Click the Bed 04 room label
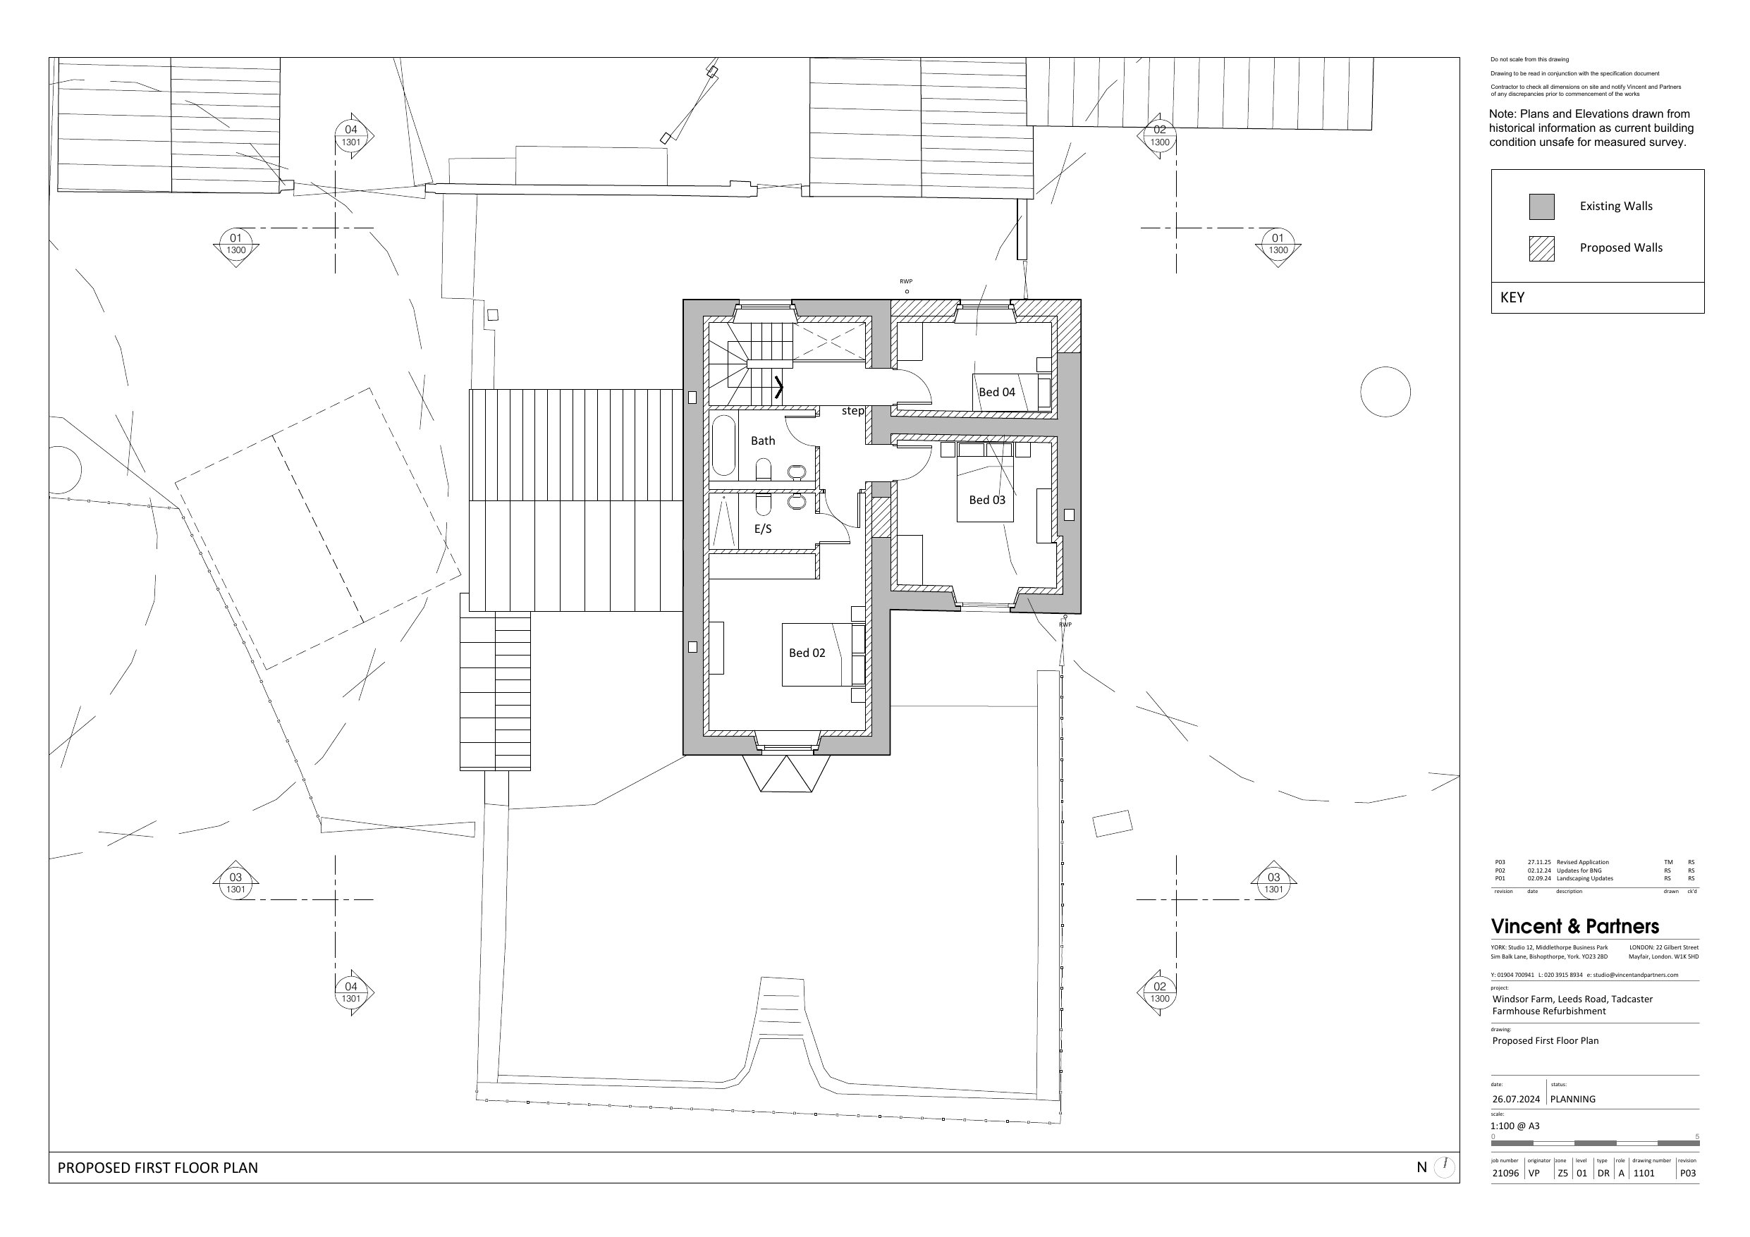point(997,392)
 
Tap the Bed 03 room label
point(987,500)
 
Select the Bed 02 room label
point(807,653)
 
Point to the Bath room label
point(763,441)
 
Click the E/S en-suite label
point(763,529)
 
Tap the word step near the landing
point(853,411)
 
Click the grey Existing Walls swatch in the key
point(1542,207)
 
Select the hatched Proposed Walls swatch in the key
point(1542,249)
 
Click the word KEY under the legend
point(1512,298)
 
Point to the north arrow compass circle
point(1445,1167)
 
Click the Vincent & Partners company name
point(1574,927)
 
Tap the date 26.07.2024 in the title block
point(1516,1099)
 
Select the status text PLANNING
point(1572,1099)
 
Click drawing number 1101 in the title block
point(1644,1174)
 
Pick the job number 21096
point(1505,1174)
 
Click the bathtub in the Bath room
point(723,446)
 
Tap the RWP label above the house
point(906,282)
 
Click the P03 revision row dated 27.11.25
point(1593,862)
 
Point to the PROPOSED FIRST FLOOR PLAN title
point(158,1168)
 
